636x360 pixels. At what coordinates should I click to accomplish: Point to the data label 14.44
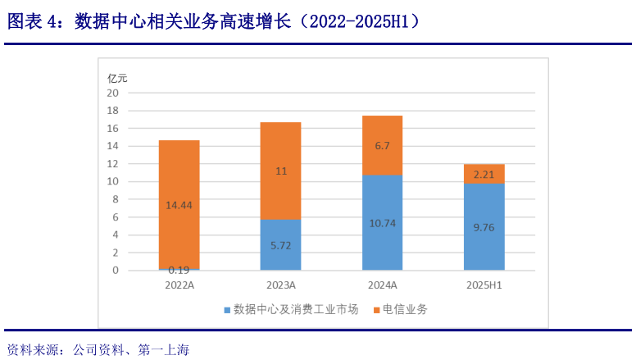pyautogui.click(x=179, y=205)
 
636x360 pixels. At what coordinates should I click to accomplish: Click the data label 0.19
pyautogui.click(x=179, y=269)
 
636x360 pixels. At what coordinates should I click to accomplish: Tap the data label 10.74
pyautogui.click(x=382, y=222)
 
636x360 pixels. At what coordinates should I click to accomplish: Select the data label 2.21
pyautogui.click(x=484, y=174)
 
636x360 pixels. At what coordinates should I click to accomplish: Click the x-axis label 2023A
pyautogui.click(x=280, y=285)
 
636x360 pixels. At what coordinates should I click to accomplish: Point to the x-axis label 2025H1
pyautogui.click(x=484, y=285)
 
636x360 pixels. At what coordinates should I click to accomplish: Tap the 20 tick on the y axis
pyautogui.click(x=113, y=93)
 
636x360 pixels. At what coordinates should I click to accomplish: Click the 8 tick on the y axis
pyautogui.click(x=116, y=199)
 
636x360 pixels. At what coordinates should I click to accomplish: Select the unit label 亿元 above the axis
pyautogui.click(x=118, y=79)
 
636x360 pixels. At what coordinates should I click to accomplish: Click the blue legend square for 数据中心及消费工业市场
pyautogui.click(x=227, y=310)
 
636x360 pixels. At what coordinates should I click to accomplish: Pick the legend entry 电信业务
pyautogui.click(x=405, y=310)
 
